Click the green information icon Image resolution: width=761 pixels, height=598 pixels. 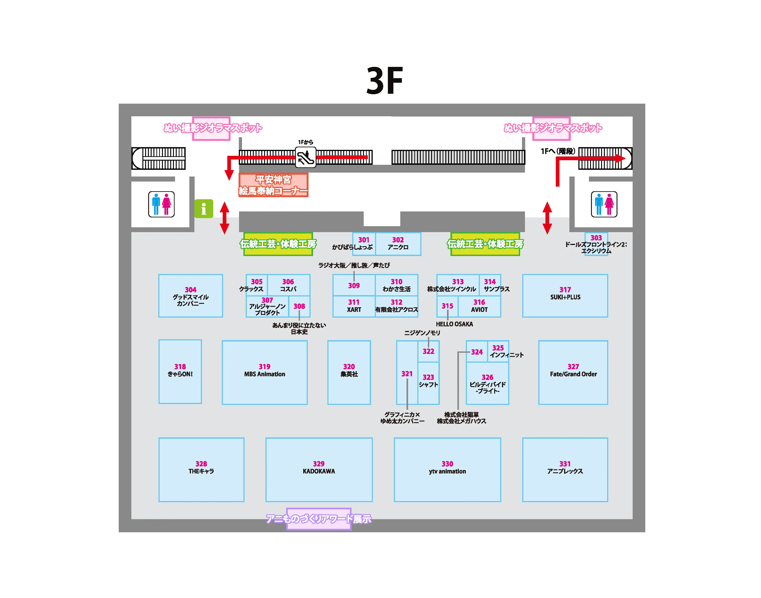point(204,209)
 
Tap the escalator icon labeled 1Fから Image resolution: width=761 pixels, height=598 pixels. point(306,157)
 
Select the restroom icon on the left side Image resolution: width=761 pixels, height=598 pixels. point(161,204)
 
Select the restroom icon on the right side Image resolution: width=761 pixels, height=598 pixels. point(604,204)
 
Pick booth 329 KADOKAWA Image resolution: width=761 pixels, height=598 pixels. point(319,470)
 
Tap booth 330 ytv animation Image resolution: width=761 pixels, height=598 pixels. point(447,470)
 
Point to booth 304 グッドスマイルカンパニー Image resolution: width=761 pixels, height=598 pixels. point(191,296)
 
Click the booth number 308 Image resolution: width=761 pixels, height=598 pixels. point(299,306)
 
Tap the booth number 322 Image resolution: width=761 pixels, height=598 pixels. point(428,351)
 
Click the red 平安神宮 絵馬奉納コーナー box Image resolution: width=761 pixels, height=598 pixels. point(273,185)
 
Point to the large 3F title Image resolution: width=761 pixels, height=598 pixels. point(385,81)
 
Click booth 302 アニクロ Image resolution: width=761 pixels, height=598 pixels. point(398,244)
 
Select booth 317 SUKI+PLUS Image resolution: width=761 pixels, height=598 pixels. point(565,296)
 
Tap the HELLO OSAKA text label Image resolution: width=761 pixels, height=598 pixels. point(454,324)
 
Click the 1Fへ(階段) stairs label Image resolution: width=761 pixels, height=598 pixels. point(558,151)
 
